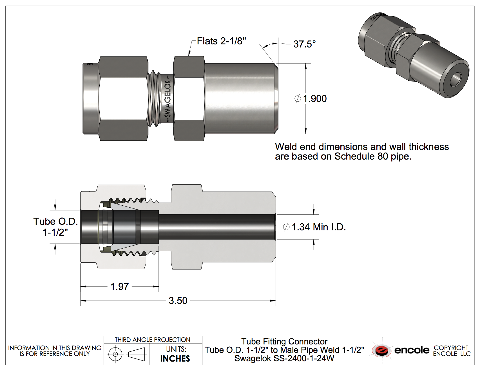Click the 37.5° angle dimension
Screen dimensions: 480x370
[x=304, y=44]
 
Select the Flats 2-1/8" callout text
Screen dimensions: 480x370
[x=221, y=41]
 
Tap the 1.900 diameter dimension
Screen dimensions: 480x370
[x=311, y=99]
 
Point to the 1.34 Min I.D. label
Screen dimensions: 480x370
[x=314, y=227]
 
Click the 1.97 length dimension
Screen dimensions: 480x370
[x=119, y=287]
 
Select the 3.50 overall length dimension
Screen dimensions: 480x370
[x=178, y=301]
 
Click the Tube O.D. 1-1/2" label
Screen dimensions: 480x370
[x=55, y=227]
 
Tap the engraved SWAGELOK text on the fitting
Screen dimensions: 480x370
[x=168, y=99]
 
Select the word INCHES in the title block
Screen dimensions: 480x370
[x=175, y=358]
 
